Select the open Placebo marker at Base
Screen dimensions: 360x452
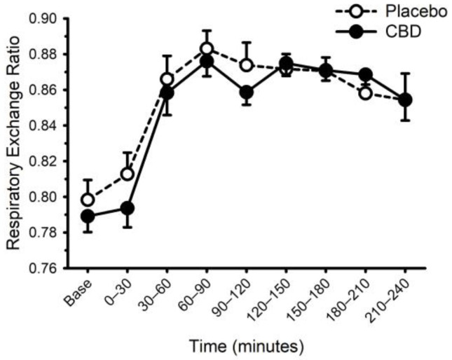88,200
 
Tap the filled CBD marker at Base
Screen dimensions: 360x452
88,216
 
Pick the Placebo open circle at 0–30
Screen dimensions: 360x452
128,174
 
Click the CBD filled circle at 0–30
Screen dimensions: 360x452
128,208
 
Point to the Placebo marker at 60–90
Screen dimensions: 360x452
207,48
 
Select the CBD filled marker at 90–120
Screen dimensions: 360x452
247,92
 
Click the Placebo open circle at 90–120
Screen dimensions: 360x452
247,65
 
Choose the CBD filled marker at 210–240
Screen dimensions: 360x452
405,99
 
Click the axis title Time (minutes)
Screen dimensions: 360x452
245,345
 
